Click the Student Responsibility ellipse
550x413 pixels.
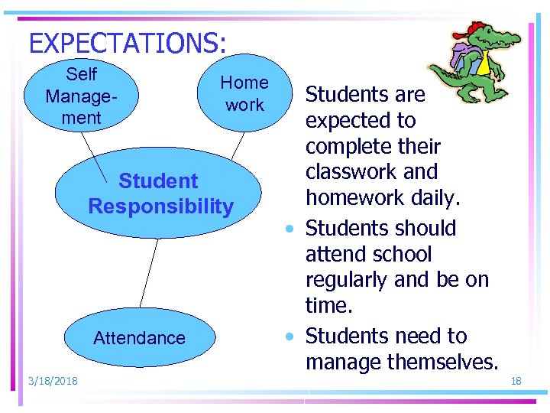[160, 193]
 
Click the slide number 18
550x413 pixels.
[516, 381]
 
